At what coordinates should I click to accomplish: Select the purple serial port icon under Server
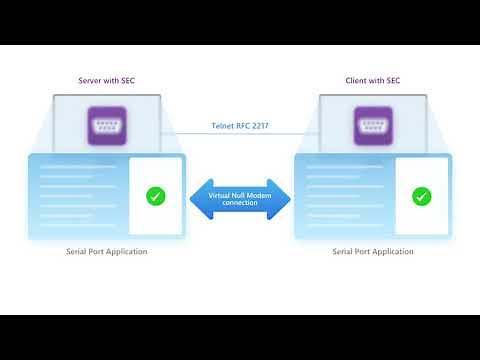pos(105,127)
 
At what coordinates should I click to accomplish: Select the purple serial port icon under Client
pos(373,127)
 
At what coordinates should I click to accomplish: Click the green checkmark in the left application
pos(155,196)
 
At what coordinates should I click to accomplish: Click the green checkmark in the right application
pos(422,196)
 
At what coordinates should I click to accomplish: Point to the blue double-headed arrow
pos(240,198)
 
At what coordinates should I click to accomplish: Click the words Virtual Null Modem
pos(240,193)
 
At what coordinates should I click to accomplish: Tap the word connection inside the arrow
pos(240,203)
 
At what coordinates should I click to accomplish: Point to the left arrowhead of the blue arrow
pos(197,198)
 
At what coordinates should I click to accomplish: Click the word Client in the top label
pos(360,80)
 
